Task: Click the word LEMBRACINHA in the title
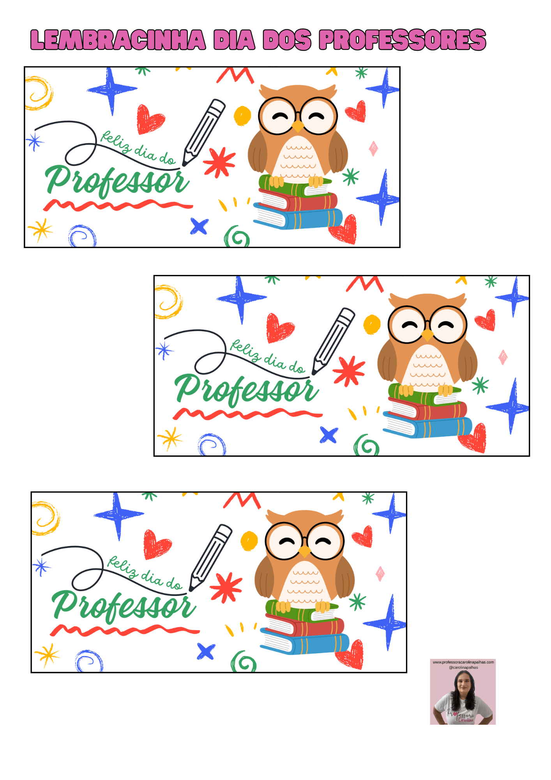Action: pyautogui.click(x=118, y=40)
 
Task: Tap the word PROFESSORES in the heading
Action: pyautogui.click(x=403, y=40)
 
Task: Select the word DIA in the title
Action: pyautogui.click(x=234, y=40)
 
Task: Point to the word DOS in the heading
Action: pyautogui.click(x=287, y=40)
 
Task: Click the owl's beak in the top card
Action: pyautogui.click(x=298, y=126)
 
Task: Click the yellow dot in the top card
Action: pyautogui.click(x=242, y=116)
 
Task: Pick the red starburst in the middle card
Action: pyautogui.click(x=349, y=371)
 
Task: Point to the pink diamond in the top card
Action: pyautogui.click(x=373, y=149)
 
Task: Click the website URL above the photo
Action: pyautogui.click(x=463, y=662)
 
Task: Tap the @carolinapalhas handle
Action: pyautogui.click(x=463, y=667)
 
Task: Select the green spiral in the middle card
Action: pyautogui.click(x=366, y=445)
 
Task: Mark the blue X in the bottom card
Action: pyautogui.click(x=206, y=651)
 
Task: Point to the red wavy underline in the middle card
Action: pyautogui.click(x=248, y=414)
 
